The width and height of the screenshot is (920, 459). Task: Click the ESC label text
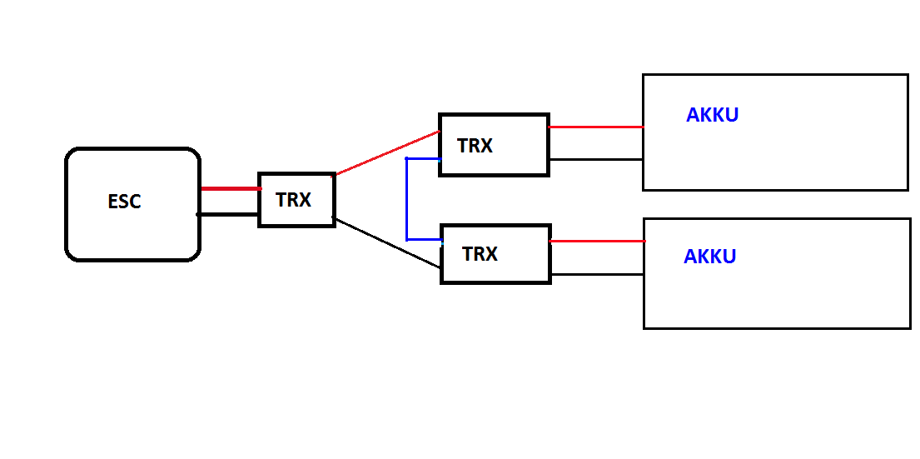124,202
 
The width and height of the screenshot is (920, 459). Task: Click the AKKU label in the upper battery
712,115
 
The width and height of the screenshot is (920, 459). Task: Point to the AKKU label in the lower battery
709,257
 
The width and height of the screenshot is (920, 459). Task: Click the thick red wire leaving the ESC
230,189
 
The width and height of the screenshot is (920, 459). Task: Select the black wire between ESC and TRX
228,214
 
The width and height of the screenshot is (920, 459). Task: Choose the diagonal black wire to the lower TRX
386,242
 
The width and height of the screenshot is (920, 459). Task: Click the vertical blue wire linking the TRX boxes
407,200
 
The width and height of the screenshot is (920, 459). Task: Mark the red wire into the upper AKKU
595,127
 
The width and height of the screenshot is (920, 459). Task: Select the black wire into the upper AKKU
595,159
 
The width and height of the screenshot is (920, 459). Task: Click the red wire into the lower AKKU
597,242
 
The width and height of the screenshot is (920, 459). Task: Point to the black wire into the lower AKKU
597,274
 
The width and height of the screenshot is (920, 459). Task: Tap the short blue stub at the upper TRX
423,158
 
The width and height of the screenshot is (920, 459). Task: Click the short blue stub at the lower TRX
424,240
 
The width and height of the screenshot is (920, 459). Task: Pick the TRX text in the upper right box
475,146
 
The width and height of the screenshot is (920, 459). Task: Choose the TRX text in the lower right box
480,254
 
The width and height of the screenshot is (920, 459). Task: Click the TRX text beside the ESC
293,200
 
